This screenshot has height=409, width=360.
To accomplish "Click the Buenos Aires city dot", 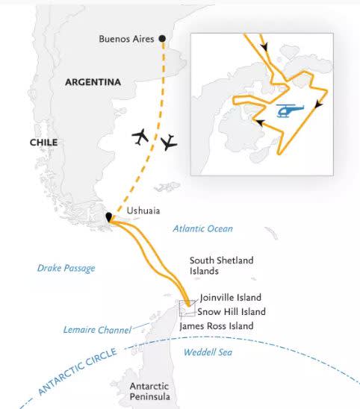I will click(x=163, y=38).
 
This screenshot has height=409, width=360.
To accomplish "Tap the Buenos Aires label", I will click(x=127, y=39).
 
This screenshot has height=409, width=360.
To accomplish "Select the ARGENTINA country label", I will click(x=93, y=82).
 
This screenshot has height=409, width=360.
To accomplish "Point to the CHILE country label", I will click(x=44, y=142).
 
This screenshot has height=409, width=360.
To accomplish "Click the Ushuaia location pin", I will click(x=109, y=217).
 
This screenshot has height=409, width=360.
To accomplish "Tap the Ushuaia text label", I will click(x=143, y=211).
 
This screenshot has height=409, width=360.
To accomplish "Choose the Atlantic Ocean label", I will click(x=202, y=228).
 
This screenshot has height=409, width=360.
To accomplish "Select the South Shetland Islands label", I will click(x=221, y=266).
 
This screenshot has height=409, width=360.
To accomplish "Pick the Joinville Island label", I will click(x=231, y=297).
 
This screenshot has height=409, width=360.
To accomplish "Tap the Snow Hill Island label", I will click(x=232, y=311).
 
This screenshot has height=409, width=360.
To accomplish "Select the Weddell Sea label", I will click(x=205, y=352).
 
